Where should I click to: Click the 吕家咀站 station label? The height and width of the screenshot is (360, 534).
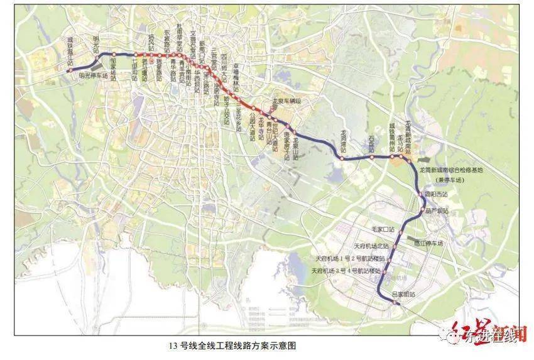403,293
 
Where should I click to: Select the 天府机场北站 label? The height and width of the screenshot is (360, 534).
371,246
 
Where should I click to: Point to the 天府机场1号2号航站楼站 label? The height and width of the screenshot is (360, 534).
351,258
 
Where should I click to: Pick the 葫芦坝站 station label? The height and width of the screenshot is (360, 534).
436,211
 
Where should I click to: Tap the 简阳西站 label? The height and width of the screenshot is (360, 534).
436,194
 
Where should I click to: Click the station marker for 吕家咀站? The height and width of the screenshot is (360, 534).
395,303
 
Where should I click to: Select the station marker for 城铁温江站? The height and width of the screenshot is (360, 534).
70,71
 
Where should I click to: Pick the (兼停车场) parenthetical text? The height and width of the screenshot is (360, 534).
450,178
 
